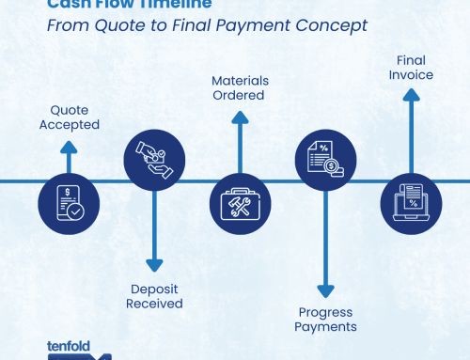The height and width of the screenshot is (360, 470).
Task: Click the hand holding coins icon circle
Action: click(x=152, y=160)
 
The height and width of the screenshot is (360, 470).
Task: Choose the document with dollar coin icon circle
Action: click(x=323, y=160)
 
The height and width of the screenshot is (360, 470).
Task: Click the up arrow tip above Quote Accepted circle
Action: click(x=67, y=145)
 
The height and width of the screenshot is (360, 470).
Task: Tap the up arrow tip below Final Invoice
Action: click(x=409, y=91)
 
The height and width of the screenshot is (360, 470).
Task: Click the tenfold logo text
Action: click(x=69, y=346)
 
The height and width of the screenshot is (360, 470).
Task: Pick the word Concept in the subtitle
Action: click(x=333, y=24)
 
